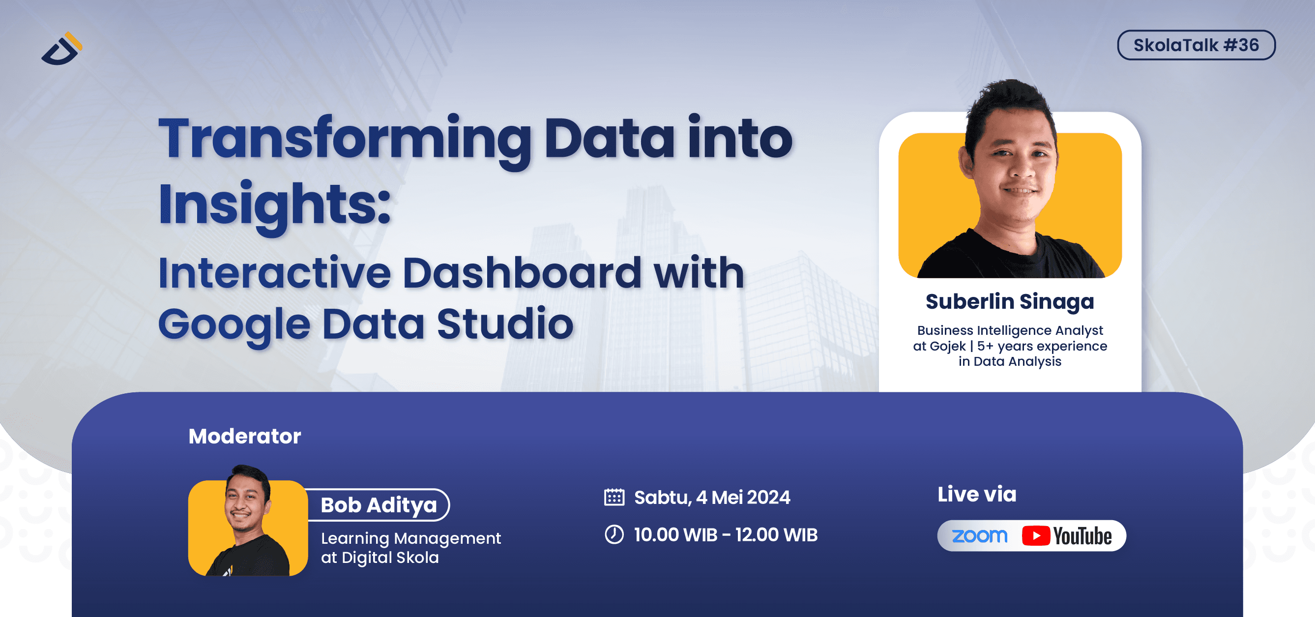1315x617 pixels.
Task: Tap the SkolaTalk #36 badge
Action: [x=1196, y=45]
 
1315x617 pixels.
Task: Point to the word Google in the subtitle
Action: [x=234, y=324]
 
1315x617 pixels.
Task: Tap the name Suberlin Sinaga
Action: [x=1009, y=301]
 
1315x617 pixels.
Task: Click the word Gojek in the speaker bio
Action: [x=947, y=347]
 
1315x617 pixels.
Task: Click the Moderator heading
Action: [x=244, y=437]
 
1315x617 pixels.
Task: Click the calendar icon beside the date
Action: [x=614, y=497]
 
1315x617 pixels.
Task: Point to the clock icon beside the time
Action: [x=614, y=535]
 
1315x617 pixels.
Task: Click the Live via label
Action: [x=977, y=495]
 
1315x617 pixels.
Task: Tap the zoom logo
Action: [x=979, y=536]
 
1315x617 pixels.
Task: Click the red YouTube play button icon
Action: [x=1036, y=536]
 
